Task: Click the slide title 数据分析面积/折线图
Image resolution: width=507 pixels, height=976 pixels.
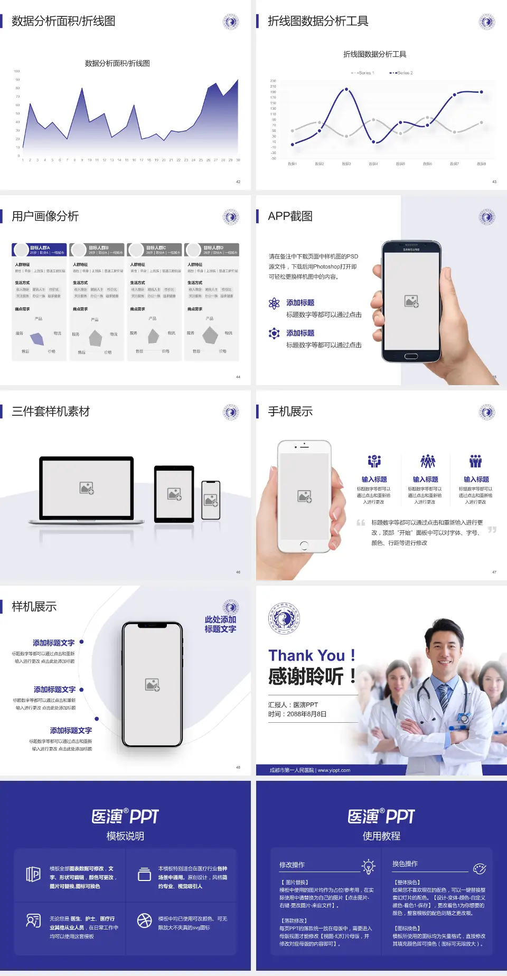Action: tap(63, 21)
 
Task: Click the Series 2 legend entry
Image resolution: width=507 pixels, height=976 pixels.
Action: tap(402, 73)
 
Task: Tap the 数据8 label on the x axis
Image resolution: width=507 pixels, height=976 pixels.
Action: tap(481, 164)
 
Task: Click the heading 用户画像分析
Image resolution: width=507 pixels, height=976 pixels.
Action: tap(45, 216)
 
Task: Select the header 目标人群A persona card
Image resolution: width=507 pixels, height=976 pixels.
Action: tap(40, 250)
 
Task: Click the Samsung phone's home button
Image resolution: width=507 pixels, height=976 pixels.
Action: tap(411, 356)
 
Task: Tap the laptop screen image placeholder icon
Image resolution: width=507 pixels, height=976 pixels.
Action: tap(87, 488)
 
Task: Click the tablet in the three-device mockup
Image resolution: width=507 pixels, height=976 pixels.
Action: tap(174, 494)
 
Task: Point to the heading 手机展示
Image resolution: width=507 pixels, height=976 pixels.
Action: tap(290, 412)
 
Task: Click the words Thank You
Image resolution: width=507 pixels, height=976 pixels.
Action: tap(306, 656)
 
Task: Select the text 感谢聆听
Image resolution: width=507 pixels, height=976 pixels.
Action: tap(306, 676)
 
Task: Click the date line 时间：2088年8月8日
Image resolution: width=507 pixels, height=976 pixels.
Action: tap(297, 714)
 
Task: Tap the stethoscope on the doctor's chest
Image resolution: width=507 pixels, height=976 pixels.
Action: tap(464, 717)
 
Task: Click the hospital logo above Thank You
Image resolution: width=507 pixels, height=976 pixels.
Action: tap(284, 618)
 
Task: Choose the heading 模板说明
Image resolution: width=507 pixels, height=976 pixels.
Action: tap(125, 836)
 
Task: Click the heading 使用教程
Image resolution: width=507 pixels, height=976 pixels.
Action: tap(381, 836)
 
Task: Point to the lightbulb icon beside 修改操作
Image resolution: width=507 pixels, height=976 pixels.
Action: tap(368, 866)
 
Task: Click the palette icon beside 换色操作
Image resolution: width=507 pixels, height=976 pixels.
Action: tap(480, 868)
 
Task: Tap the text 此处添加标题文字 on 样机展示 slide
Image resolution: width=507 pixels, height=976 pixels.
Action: tap(220, 624)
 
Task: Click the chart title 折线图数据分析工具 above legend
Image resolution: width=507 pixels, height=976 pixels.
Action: tap(374, 54)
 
